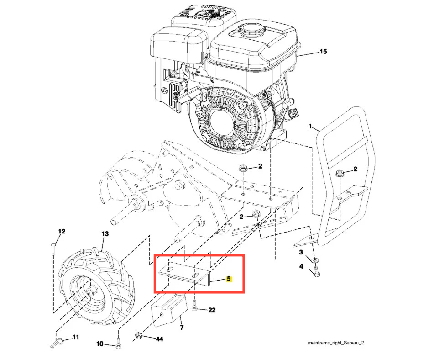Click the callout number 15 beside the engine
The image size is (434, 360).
tap(323, 52)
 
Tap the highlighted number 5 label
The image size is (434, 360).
tap(229, 279)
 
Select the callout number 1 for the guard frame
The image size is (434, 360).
tap(310, 127)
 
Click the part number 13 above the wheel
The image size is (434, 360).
tap(105, 234)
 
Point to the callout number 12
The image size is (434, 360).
tap(62, 231)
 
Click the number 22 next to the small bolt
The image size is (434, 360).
tap(212, 310)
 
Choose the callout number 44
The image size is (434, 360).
tap(159, 339)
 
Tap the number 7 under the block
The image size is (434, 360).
tap(182, 328)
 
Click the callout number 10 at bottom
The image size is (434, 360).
tap(99, 344)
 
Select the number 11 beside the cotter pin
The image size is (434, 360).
tap(76, 337)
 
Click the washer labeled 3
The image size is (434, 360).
tap(315, 260)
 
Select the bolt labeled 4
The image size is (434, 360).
tap(316, 271)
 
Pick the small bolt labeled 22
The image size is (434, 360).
tap(194, 305)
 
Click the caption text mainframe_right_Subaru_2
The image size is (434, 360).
tap(336, 343)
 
